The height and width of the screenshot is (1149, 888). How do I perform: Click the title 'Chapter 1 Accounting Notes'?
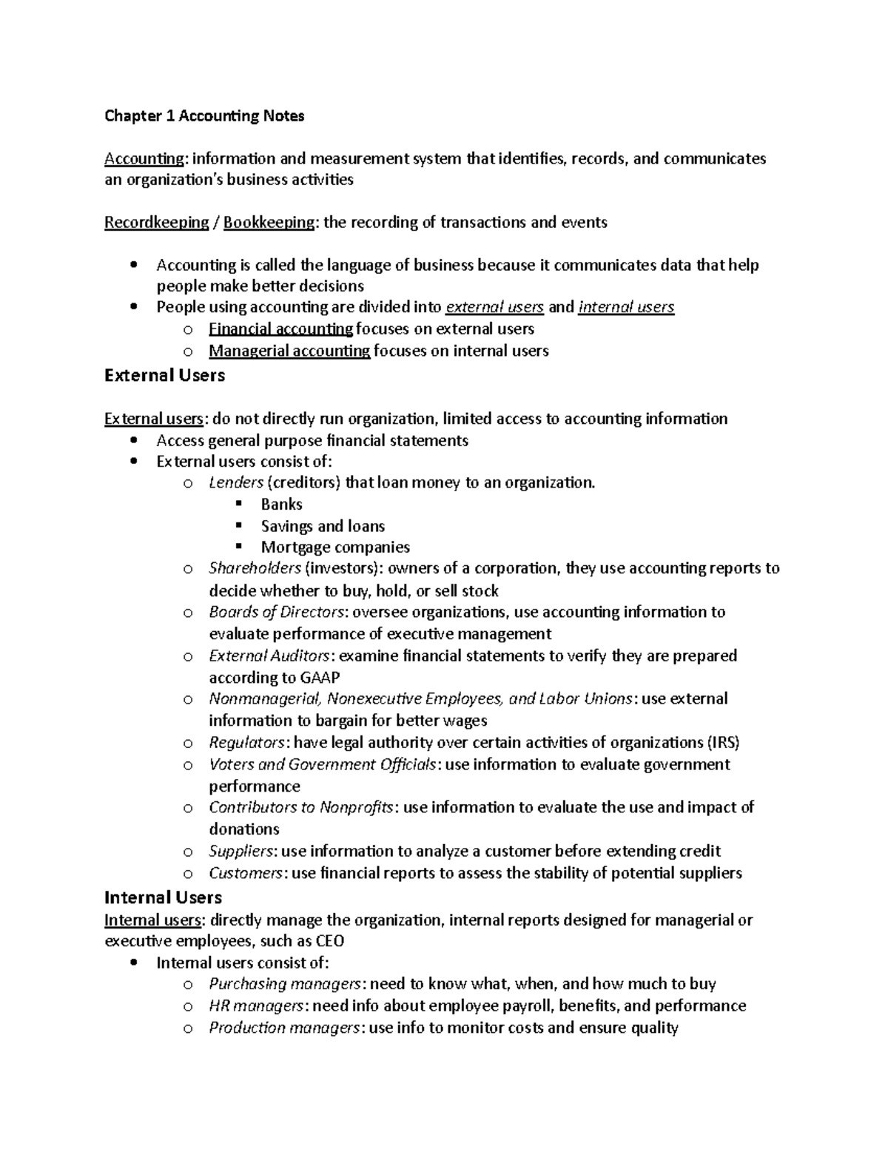tap(204, 116)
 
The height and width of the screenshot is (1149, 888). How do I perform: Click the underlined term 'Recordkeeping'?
tap(156, 223)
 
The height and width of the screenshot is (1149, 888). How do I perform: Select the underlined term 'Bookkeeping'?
tap(269, 223)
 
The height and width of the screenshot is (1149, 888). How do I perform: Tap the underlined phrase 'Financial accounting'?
tap(280, 328)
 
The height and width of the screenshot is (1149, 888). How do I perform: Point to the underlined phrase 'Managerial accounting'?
tap(289, 351)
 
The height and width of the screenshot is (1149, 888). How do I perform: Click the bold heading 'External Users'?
tap(164, 376)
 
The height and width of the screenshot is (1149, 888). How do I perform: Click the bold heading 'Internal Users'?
tap(163, 897)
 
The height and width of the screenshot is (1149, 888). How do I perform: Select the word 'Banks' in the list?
tap(281, 505)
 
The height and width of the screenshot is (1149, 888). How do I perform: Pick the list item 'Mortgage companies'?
tap(335, 547)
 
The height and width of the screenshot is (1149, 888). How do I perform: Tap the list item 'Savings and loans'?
tap(323, 526)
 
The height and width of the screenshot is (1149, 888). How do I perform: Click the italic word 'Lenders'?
tap(236, 483)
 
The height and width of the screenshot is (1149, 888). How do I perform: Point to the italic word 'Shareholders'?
tap(255, 568)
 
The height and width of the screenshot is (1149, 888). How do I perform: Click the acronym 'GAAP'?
tap(320, 678)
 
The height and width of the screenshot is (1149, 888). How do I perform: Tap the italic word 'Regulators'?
tap(246, 743)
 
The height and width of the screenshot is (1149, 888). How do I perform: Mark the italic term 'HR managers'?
tap(256, 1006)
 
